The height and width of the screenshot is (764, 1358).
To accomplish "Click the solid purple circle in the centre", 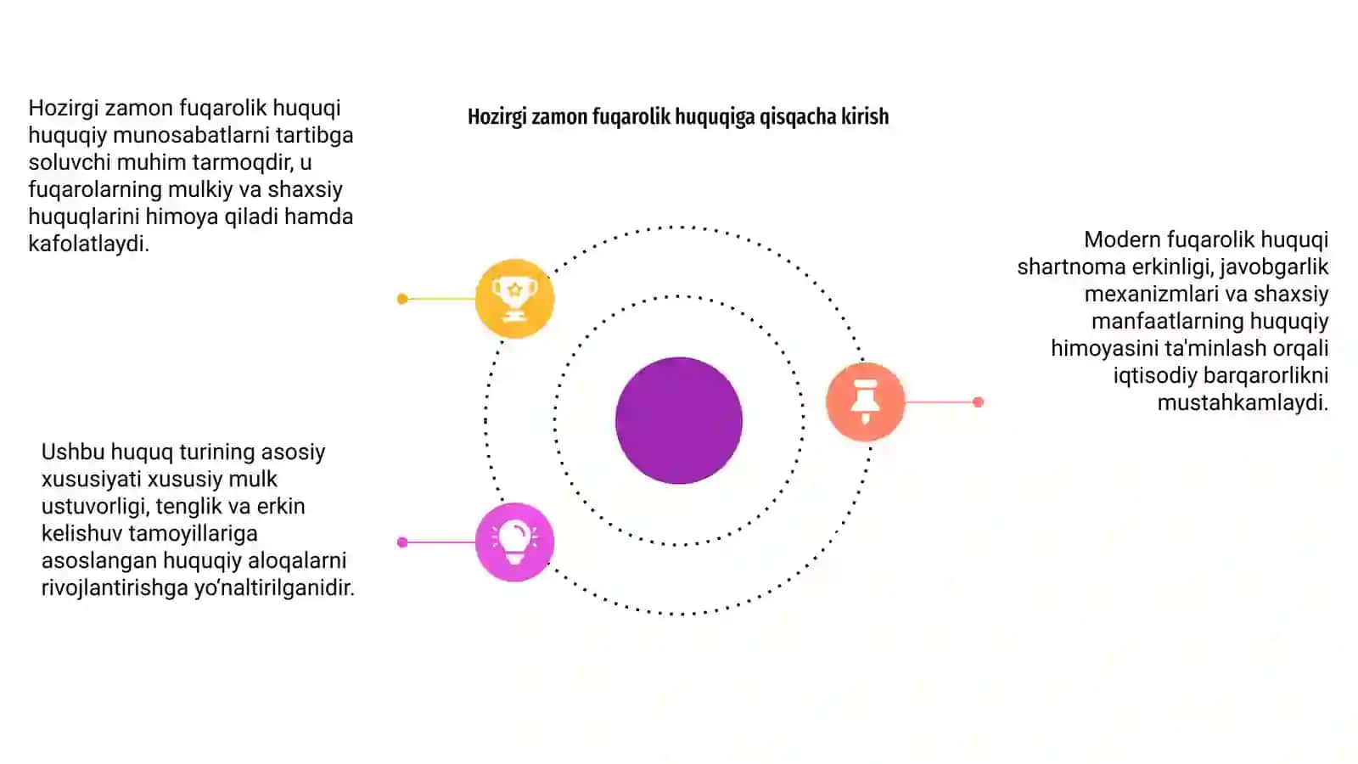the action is click(x=678, y=420).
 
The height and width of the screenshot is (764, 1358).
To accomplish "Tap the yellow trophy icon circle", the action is click(x=514, y=298).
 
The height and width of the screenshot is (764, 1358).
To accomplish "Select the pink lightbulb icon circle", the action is click(x=514, y=542).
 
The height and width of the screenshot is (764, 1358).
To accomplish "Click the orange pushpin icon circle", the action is click(x=865, y=402).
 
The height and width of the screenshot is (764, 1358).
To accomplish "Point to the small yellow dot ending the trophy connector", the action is click(x=402, y=298).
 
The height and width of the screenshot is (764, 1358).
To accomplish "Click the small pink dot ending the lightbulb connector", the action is click(x=402, y=542).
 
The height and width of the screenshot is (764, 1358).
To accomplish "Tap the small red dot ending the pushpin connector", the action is click(x=978, y=402).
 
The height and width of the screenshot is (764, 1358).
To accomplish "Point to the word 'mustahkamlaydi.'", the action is click(x=1243, y=402).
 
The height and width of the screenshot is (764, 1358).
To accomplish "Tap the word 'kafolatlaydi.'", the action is click(x=88, y=244).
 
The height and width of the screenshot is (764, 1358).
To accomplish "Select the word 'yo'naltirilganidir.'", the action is click(x=274, y=587).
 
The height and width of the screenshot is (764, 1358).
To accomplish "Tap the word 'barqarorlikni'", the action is click(x=1265, y=375).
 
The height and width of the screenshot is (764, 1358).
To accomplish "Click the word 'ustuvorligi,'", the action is click(x=95, y=506).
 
